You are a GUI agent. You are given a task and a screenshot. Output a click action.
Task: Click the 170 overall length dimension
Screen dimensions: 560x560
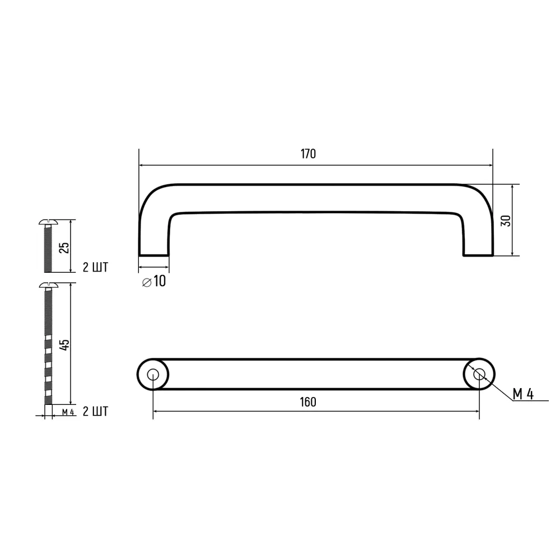(308, 154)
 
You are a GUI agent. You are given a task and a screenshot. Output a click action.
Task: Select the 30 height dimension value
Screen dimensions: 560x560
(506, 220)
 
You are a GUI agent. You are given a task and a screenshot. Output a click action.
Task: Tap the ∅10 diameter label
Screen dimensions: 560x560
(155, 281)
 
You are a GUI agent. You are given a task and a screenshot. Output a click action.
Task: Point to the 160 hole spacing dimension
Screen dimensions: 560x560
(308, 402)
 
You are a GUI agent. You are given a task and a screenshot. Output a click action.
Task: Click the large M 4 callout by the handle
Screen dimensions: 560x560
(523, 394)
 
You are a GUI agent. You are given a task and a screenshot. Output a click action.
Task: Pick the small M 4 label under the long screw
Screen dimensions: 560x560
(68, 413)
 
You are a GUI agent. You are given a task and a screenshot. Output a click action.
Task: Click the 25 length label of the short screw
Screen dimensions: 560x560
(64, 247)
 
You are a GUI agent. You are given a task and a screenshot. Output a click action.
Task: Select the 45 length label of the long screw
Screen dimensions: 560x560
(64, 344)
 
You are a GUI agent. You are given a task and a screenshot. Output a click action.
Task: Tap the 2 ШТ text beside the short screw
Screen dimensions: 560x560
(95, 267)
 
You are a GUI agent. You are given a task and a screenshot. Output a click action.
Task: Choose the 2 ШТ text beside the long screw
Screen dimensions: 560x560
(95, 412)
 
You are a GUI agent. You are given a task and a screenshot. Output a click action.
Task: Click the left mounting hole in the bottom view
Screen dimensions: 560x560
(152, 375)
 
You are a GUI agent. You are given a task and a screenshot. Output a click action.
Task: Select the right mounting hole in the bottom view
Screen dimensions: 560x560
(479, 375)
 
